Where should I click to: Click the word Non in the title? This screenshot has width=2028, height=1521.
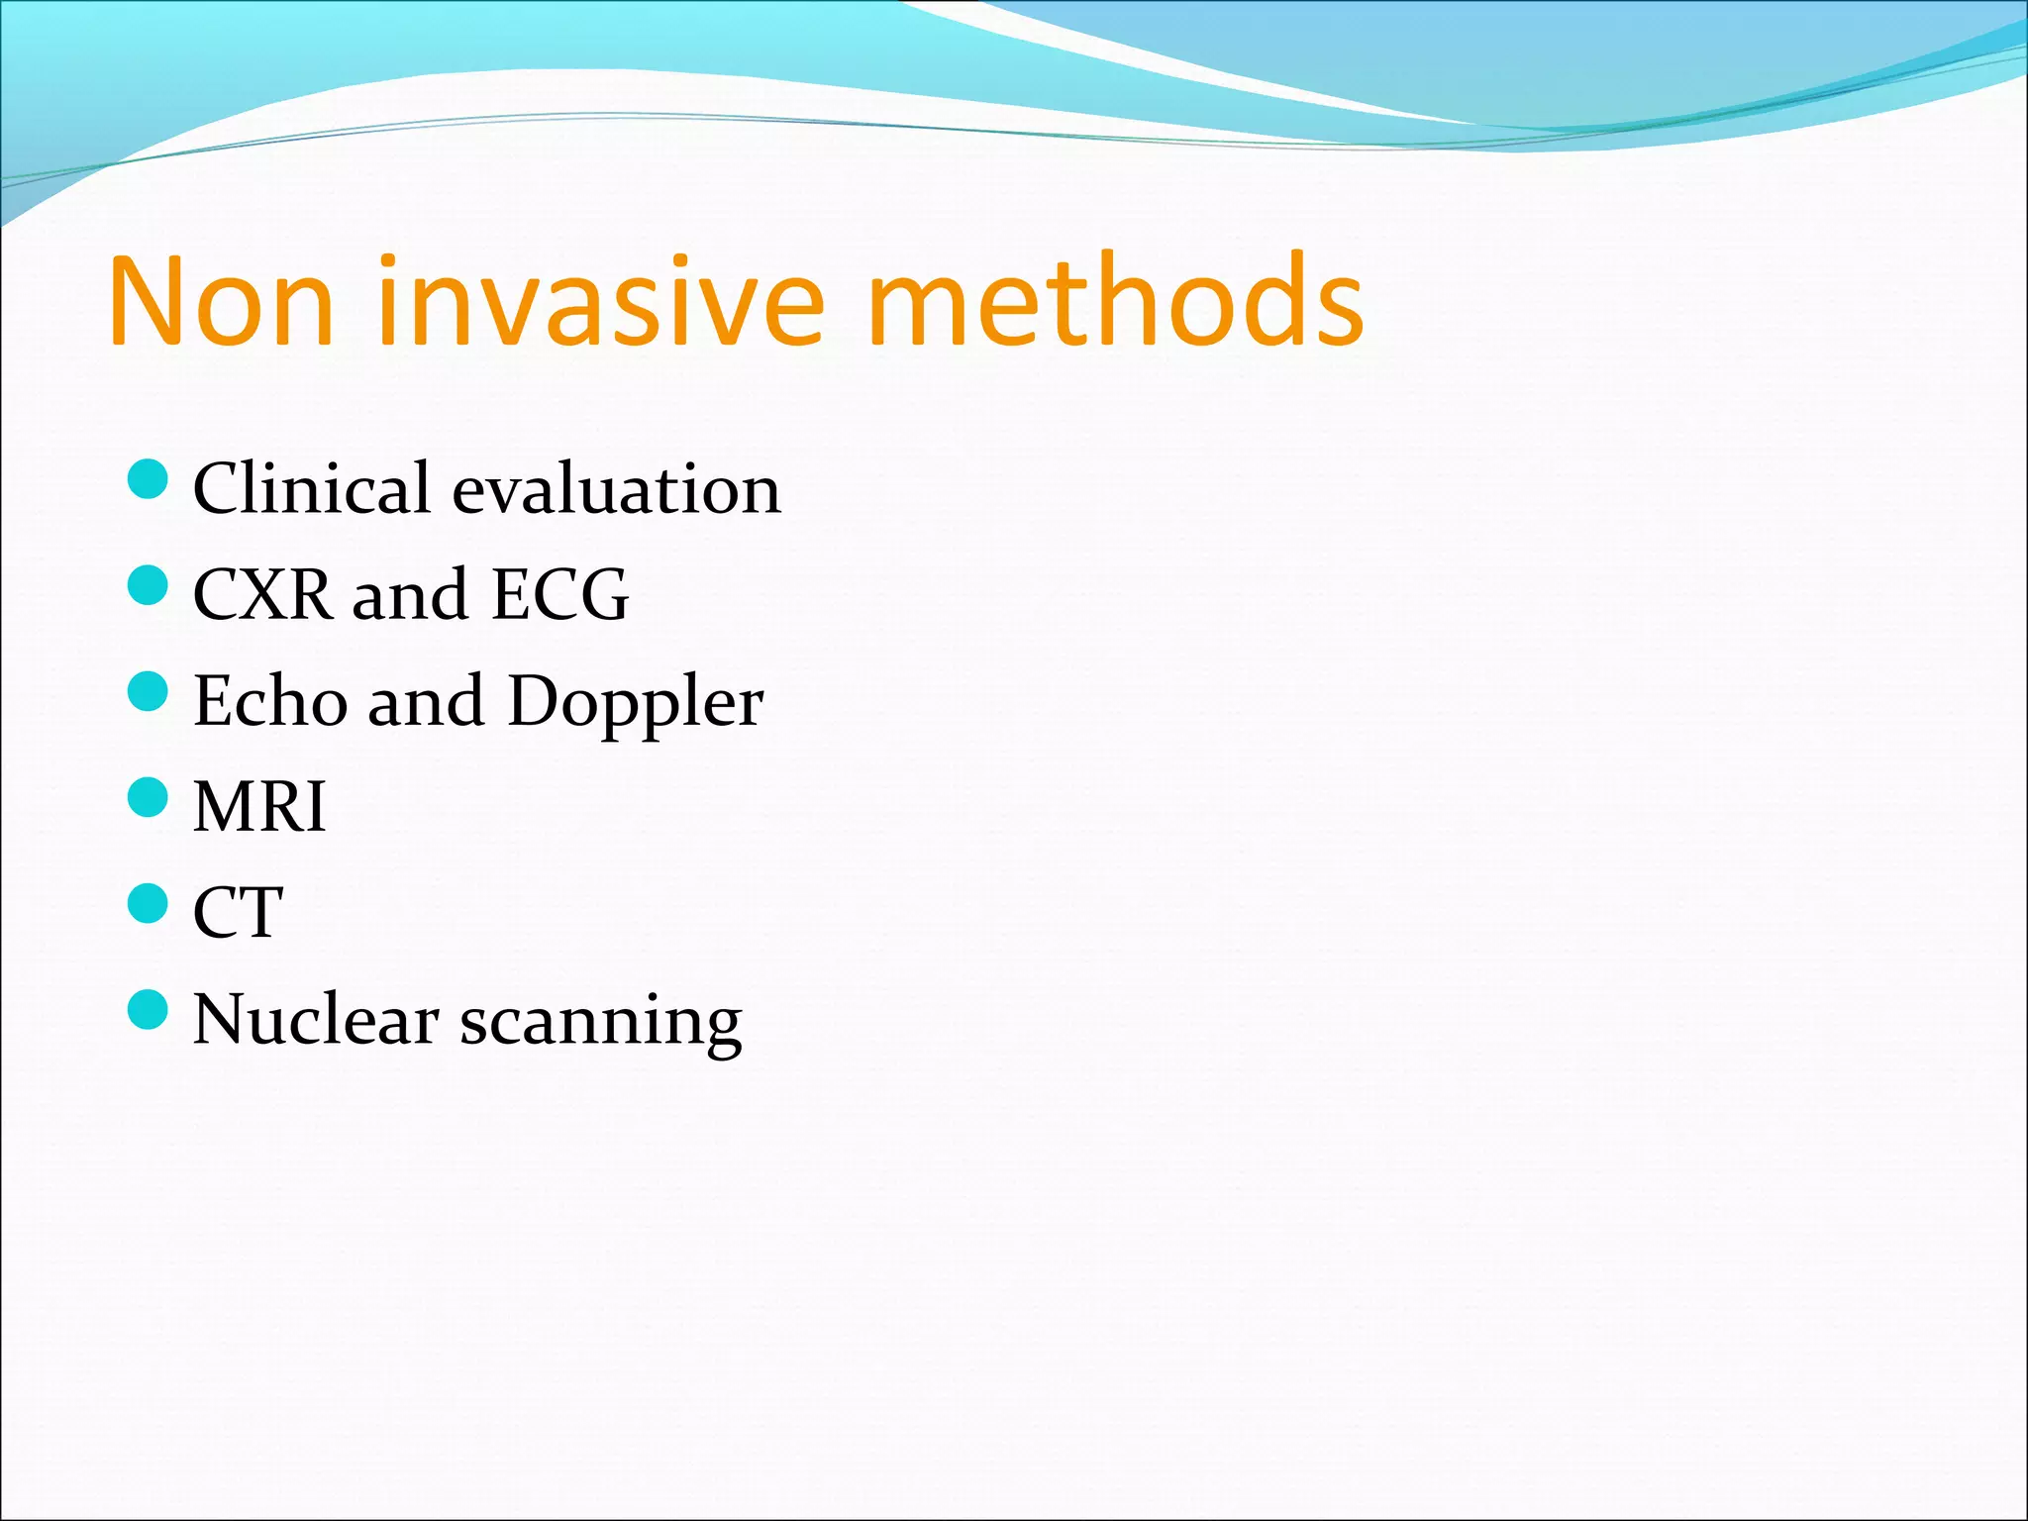coord(220,301)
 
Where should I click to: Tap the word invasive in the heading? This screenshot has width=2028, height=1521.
coord(600,301)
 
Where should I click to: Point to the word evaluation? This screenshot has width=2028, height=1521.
coord(617,489)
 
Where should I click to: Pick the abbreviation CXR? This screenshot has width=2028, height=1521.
coord(261,595)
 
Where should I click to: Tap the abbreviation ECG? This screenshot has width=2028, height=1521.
coord(559,595)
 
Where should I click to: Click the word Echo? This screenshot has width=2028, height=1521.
coord(269,701)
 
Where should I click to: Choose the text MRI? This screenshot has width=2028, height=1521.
coord(259,807)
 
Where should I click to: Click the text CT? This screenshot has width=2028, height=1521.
coord(238,913)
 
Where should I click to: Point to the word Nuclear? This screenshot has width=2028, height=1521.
coord(316,1019)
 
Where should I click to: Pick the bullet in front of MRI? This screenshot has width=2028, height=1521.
coord(149,797)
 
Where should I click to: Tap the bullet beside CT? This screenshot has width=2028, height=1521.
coord(149,903)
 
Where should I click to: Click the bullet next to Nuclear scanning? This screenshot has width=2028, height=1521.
coord(149,1009)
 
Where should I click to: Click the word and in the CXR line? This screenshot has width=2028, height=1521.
coord(409,595)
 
